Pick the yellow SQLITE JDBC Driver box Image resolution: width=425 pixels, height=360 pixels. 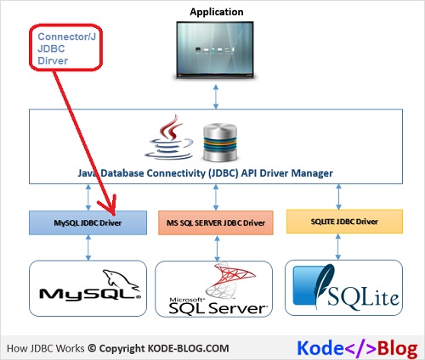point(343,222)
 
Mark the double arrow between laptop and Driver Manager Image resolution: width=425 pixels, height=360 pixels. point(216,96)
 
